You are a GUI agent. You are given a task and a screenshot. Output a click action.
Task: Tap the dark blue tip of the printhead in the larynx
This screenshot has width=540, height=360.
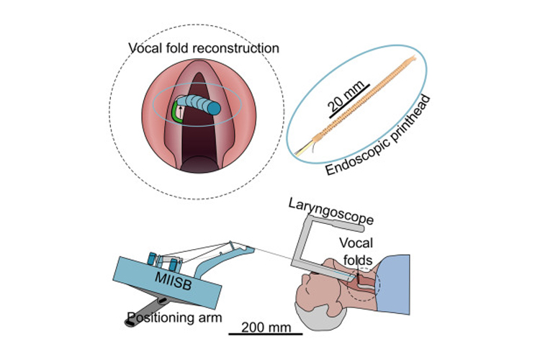pos(214,107)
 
